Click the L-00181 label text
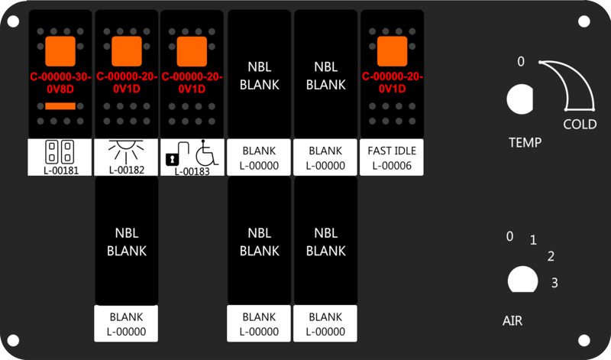pyautogui.click(x=61, y=170)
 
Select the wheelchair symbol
pyautogui.click(x=207, y=153)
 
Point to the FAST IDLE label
pyautogui.click(x=392, y=151)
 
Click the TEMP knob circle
pyautogui.click(x=520, y=99)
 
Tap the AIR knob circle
pyautogui.click(x=523, y=279)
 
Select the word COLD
pyautogui.click(x=580, y=125)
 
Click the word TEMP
pyautogui.click(x=525, y=143)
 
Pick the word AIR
pyautogui.click(x=512, y=321)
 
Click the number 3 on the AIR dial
pyautogui.click(x=554, y=283)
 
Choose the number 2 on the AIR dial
pyautogui.click(x=551, y=256)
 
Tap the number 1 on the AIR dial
pyautogui.click(x=533, y=240)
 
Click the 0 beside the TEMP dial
pyautogui.click(x=521, y=62)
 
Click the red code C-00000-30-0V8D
pyautogui.click(x=60, y=83)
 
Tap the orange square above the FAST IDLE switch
pyautogui.click(x=392, y=51)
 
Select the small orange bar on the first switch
pyautogui.click(x=60, y=106)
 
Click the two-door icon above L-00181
pyautogui.click(x=60, y=152)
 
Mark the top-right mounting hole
pyautogui.click(x=584, y=21)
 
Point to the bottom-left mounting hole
pyautogui.click(x=13, y=340)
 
